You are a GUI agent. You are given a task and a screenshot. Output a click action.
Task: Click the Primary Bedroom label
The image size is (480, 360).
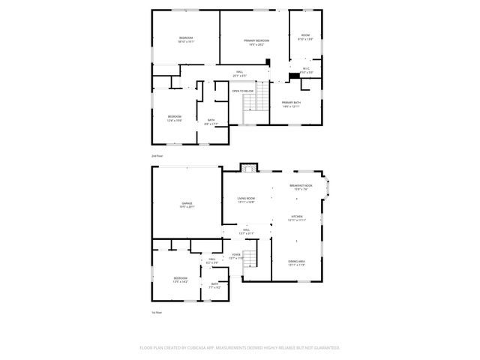pyautogui.click(x=256, y=40)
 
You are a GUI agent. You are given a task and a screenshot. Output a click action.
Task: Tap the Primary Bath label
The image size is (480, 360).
pyautogui.click(x=291, y=102)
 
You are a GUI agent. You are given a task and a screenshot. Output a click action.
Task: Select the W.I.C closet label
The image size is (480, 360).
pyautogui.click(x=306, y=69)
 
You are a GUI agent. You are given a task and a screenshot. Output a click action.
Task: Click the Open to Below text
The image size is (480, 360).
pyautogui.click(x=242, y=91)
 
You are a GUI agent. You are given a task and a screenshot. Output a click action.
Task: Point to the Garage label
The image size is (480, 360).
pyautogui.click(x=187, y=203)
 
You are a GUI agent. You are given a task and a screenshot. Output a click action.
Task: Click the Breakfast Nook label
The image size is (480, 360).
pyautogui.click(x=301, y=186)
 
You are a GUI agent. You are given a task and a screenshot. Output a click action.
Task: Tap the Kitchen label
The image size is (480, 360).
pyautogui.click(x=297, y=216)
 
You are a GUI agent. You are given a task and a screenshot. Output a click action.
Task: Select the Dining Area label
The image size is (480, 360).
pyautogui.click(x=295, y=261)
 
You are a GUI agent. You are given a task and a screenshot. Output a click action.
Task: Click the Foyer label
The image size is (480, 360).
pyautogui.click(x=236, y=254)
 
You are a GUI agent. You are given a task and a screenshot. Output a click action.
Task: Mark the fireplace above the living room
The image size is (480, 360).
pyautogui.click(x=248, y=167)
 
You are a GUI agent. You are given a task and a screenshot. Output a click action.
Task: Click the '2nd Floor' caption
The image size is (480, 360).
pyautogui.click(x=157, y=155)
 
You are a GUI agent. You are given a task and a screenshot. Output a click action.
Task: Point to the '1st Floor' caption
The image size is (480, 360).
pyautogui.click(x=157, y=312)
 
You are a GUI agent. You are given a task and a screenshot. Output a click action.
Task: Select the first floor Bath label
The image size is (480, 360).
pyautogui.click(x=214, y=283)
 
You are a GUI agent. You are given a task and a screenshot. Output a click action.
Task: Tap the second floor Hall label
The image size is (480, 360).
pyautogui.click(x=240, y=72)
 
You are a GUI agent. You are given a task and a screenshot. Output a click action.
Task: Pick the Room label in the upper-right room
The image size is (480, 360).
pyautogui.click(x=305, y=35)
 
